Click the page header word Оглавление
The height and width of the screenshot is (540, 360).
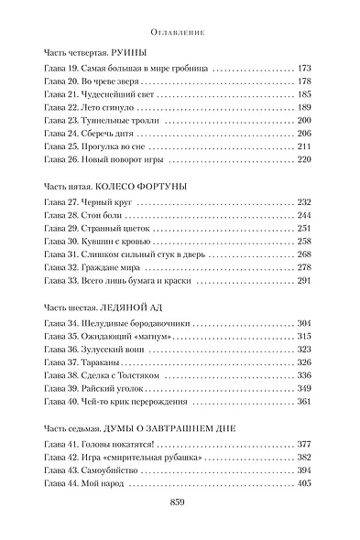(180, 30)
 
